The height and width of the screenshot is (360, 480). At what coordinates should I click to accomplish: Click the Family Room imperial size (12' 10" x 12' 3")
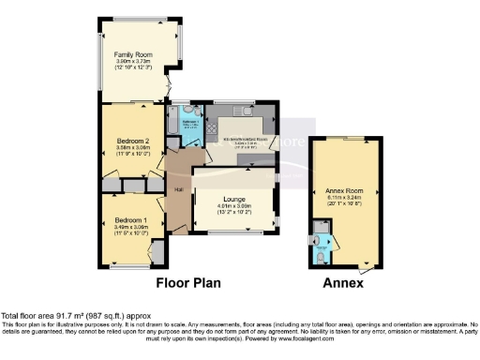[x=132, y=67]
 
